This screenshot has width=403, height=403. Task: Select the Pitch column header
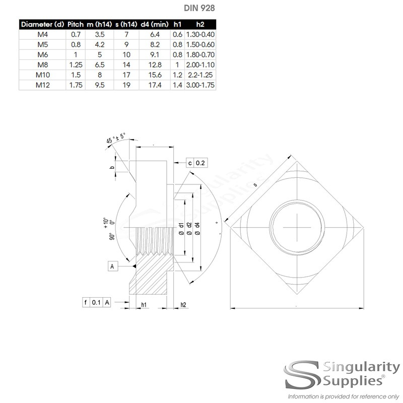coord(75,24)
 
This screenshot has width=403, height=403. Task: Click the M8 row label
coord(42,65)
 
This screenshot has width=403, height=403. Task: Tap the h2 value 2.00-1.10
coord(200,65)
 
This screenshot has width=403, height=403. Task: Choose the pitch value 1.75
coord(75,86)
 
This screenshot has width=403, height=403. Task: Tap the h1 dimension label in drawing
coord(144,305)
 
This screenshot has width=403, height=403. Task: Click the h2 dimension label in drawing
coord(183,305)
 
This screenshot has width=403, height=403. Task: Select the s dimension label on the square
coord(255,185)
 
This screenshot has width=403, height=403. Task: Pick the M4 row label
coord(42,34)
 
